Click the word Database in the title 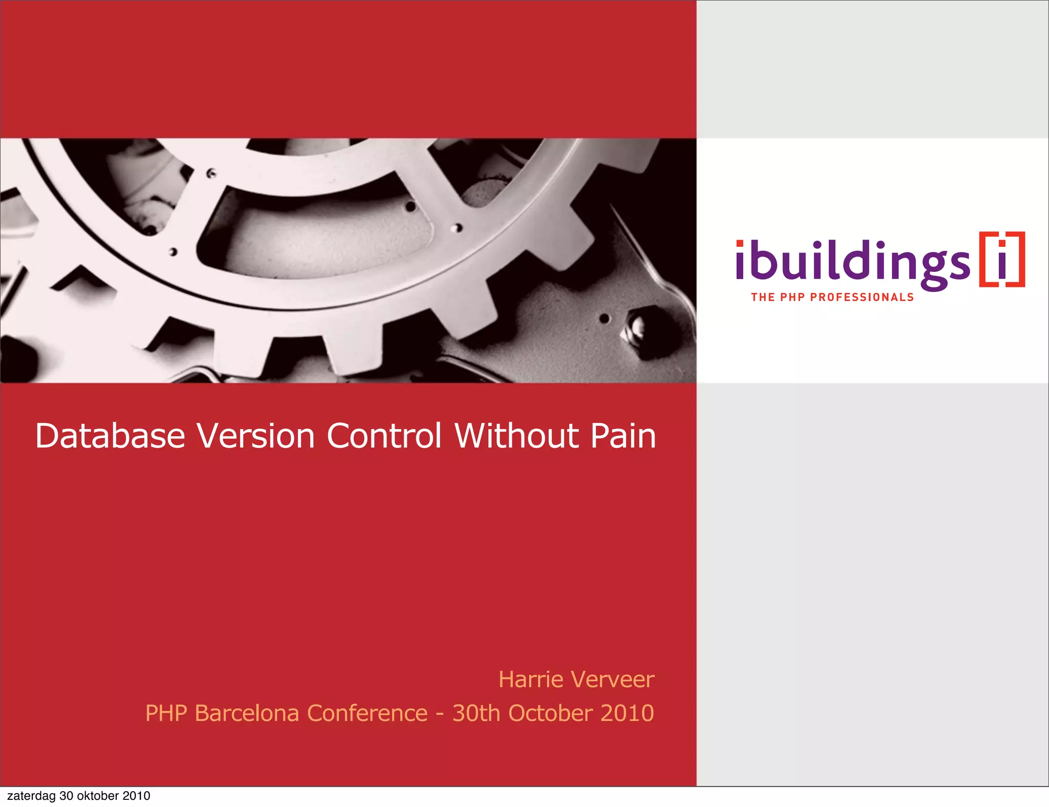tap(110, 436)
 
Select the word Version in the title tap(256, 436)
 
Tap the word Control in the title tap(384, 436)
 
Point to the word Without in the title tap(516, 436)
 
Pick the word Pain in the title tap(623, 436)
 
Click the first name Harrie tap(531, 679)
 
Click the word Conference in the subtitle tap(367, 713)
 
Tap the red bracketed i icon tap(1002, 259)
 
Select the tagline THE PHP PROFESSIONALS tap(832, 298)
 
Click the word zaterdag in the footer tap(31, 796)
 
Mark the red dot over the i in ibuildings tap(740, 243)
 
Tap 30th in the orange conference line tap(476, 713)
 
